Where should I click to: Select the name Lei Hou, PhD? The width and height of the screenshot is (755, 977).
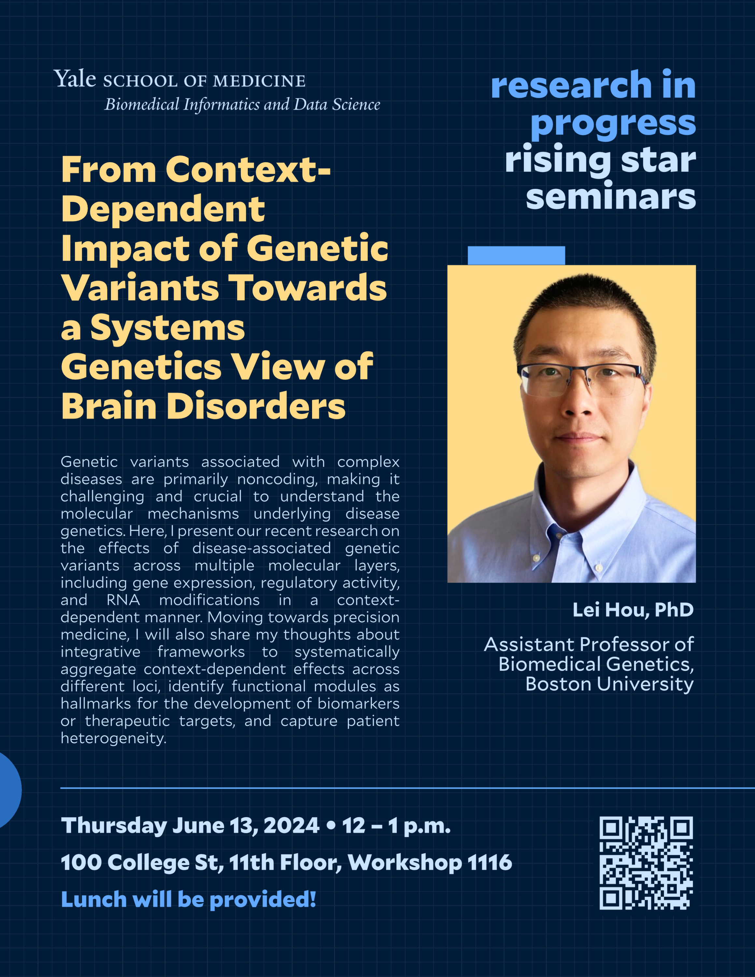pos(633,610)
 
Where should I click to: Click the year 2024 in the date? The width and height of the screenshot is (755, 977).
pos(291,825)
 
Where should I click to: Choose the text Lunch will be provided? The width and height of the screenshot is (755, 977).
pos(188,899)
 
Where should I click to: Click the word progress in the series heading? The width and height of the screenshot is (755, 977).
pos(613,123)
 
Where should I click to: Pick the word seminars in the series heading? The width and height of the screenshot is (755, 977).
pos(611,196)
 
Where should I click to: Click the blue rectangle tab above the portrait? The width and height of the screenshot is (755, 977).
pos(516,255)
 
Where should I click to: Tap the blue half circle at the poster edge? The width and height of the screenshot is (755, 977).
pos(10,790)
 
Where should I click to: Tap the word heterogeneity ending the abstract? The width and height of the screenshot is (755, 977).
pos(114,738)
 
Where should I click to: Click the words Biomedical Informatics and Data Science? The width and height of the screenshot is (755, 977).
pos(242,104)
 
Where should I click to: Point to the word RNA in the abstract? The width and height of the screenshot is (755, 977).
pos(123,600)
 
